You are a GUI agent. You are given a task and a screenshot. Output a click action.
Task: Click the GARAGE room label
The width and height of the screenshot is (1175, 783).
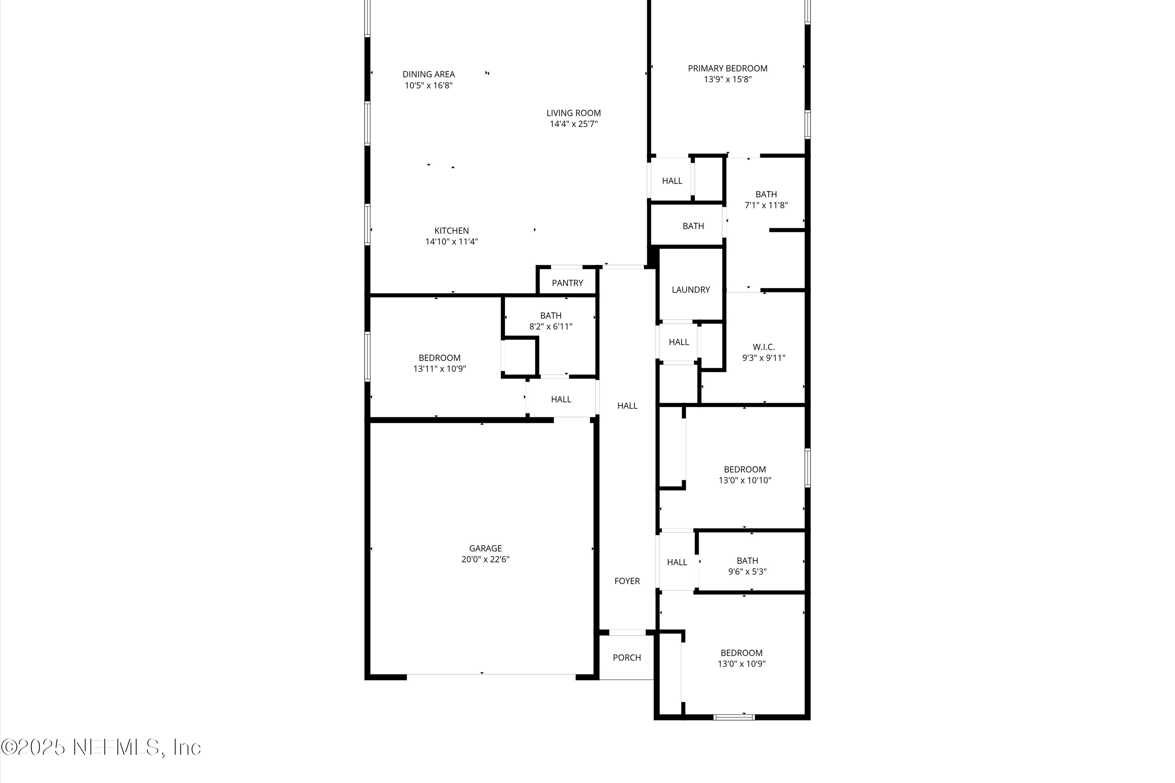pyautogui.click(x=485, y=548)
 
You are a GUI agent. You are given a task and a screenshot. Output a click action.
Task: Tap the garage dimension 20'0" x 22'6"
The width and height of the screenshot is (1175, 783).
pyautogui.click(x=485, y=559)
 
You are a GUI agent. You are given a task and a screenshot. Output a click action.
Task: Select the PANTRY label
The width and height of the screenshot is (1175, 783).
pyautogui.click(x=567, y=283)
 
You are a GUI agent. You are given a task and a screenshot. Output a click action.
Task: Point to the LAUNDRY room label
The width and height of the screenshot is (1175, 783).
pyautogui.click(x=691, y=290)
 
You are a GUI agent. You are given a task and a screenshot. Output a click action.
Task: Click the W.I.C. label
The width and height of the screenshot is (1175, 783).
pyautogui.click(x=763, y=347)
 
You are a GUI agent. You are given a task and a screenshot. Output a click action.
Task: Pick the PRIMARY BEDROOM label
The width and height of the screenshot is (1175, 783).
pyautogui.click(x=727, y=69)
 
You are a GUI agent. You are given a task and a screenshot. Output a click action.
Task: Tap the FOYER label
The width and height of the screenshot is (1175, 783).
pyautogui.click(x=627, y=581)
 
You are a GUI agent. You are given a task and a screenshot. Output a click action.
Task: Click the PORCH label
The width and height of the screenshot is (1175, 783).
pyautogui.click(x=626, y=658)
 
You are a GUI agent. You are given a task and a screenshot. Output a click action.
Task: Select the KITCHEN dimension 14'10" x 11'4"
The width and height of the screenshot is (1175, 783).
pyautogui.click(x=451, y=242)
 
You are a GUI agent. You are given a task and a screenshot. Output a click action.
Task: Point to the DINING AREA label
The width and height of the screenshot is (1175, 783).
pyautogui.click(x=428, y=74)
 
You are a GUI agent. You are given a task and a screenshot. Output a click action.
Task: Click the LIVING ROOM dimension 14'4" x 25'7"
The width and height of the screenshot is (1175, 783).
pyautogui.click(x=573, y=124)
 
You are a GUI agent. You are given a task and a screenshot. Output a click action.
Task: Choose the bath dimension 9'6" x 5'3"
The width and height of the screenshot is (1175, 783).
pyautogui.click(x=747, y=572)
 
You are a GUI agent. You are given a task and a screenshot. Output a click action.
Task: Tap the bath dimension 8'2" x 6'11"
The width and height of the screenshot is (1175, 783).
pyautogui.click(x=551, y=327)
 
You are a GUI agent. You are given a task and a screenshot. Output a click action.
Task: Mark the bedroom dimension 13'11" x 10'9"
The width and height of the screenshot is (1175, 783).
pyautogui.click(x=439, y=369)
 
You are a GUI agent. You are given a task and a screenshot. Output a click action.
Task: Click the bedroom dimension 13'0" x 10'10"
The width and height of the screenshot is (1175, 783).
pyautogui.click(x=745, y=480)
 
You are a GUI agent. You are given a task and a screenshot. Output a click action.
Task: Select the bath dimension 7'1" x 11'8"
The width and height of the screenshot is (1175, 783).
pyautogui.click(x=766, y=205)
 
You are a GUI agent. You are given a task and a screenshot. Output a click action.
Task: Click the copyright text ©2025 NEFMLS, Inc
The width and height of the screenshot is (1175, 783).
pyautogui.click(x=101, y=747)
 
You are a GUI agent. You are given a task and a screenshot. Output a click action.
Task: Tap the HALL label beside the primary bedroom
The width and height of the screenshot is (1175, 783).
pyautogui.click(x=672, y=181)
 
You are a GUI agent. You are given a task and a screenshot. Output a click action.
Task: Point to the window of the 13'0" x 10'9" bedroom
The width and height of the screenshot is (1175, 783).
pyautogui.click(x=734, y=717)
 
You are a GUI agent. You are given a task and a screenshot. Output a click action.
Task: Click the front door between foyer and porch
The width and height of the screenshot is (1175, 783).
pyautogui.click(x=627, y=633)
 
